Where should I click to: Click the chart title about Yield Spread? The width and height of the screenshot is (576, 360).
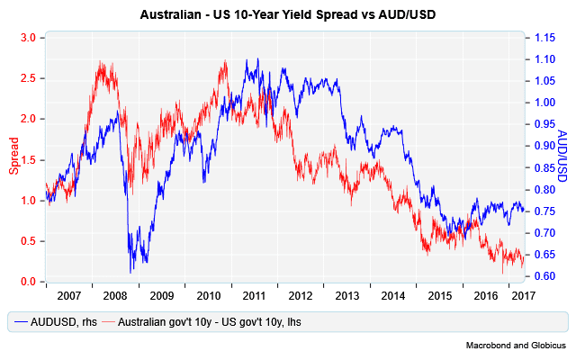287,15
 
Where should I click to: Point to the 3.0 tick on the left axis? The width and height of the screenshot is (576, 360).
29,37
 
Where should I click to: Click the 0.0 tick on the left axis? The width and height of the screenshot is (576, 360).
29,282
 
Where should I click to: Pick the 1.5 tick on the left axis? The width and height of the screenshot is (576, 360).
29,159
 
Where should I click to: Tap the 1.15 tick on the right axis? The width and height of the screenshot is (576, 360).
545,38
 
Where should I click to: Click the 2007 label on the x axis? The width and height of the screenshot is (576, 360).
69,294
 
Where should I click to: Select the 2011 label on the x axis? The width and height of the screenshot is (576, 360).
254,294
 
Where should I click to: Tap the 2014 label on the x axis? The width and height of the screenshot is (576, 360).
392,294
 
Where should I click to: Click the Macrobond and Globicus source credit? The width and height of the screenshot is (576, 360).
514,345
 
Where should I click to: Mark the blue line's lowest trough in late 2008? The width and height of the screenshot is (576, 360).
131,271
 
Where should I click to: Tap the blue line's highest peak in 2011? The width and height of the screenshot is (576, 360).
258,60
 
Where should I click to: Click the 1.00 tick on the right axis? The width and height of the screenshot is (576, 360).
545,103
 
